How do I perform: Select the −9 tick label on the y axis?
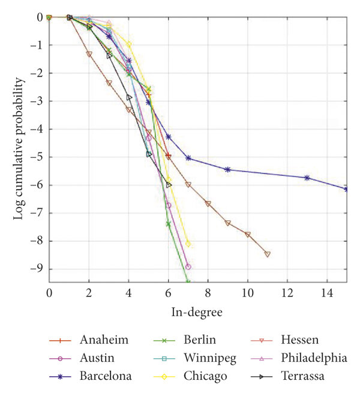point(36,269)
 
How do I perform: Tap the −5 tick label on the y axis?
point(36,157)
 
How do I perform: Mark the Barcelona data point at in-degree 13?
point(307,178)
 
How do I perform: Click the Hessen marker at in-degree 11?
point(268,254)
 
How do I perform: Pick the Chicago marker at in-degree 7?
point(188,244)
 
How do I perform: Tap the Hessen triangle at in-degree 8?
point(208,204)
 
